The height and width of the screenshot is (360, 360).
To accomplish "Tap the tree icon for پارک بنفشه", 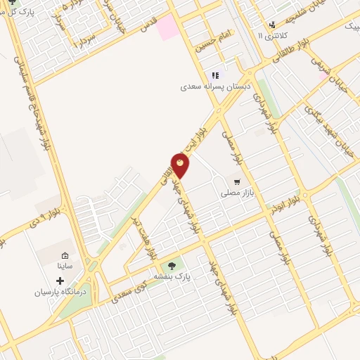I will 172,266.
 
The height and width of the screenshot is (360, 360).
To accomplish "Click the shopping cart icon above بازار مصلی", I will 237,181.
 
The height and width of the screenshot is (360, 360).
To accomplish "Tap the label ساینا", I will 65,266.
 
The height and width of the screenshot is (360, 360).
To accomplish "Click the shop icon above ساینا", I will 65,255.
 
